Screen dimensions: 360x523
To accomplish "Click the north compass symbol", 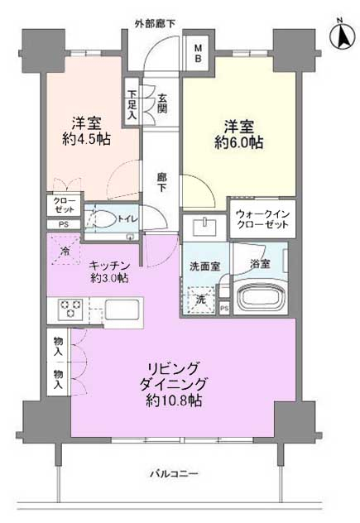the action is pyautogui.click(x=343, y=36).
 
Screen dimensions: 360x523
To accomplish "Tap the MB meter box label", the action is pyautogui.click(x=198, y=53).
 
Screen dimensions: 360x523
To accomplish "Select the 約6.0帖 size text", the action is pyautogui.click(x=239, y=143).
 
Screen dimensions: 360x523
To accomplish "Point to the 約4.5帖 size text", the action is pyautogui.click(x=87, y=139).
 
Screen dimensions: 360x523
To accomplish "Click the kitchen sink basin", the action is pyautogui.click(x=122, y=309).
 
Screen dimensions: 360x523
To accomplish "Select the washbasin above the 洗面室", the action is pyautogui.click(x=204, y=227).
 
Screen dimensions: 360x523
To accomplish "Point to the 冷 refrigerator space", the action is pyautogui.click(x=66, y=250).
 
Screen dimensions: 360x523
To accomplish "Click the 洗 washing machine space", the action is pyautogui.click(x=200, y=300).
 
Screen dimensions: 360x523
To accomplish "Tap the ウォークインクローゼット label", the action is pyautogui.click(x=262, y=219).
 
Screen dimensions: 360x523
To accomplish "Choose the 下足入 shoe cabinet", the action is pyautogui.click(x=132, y=102).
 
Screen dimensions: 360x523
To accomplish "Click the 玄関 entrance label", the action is pyautogui.click(x=162, y=103).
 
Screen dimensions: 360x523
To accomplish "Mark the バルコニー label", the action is pyautogui.click(x=174, y=474).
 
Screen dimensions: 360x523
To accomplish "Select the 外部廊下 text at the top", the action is pyautogui.click(x=156, y=24).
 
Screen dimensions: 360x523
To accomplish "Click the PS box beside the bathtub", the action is pyautogui.click(x=224, y=308).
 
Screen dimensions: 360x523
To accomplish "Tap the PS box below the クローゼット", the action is pyautogui.click(x=64, y=224).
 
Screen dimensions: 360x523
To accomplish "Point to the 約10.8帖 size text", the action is pyautogui.click(x=174, y=401).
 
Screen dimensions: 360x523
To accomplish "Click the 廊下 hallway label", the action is pyautogui.click(x=162, y=182).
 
